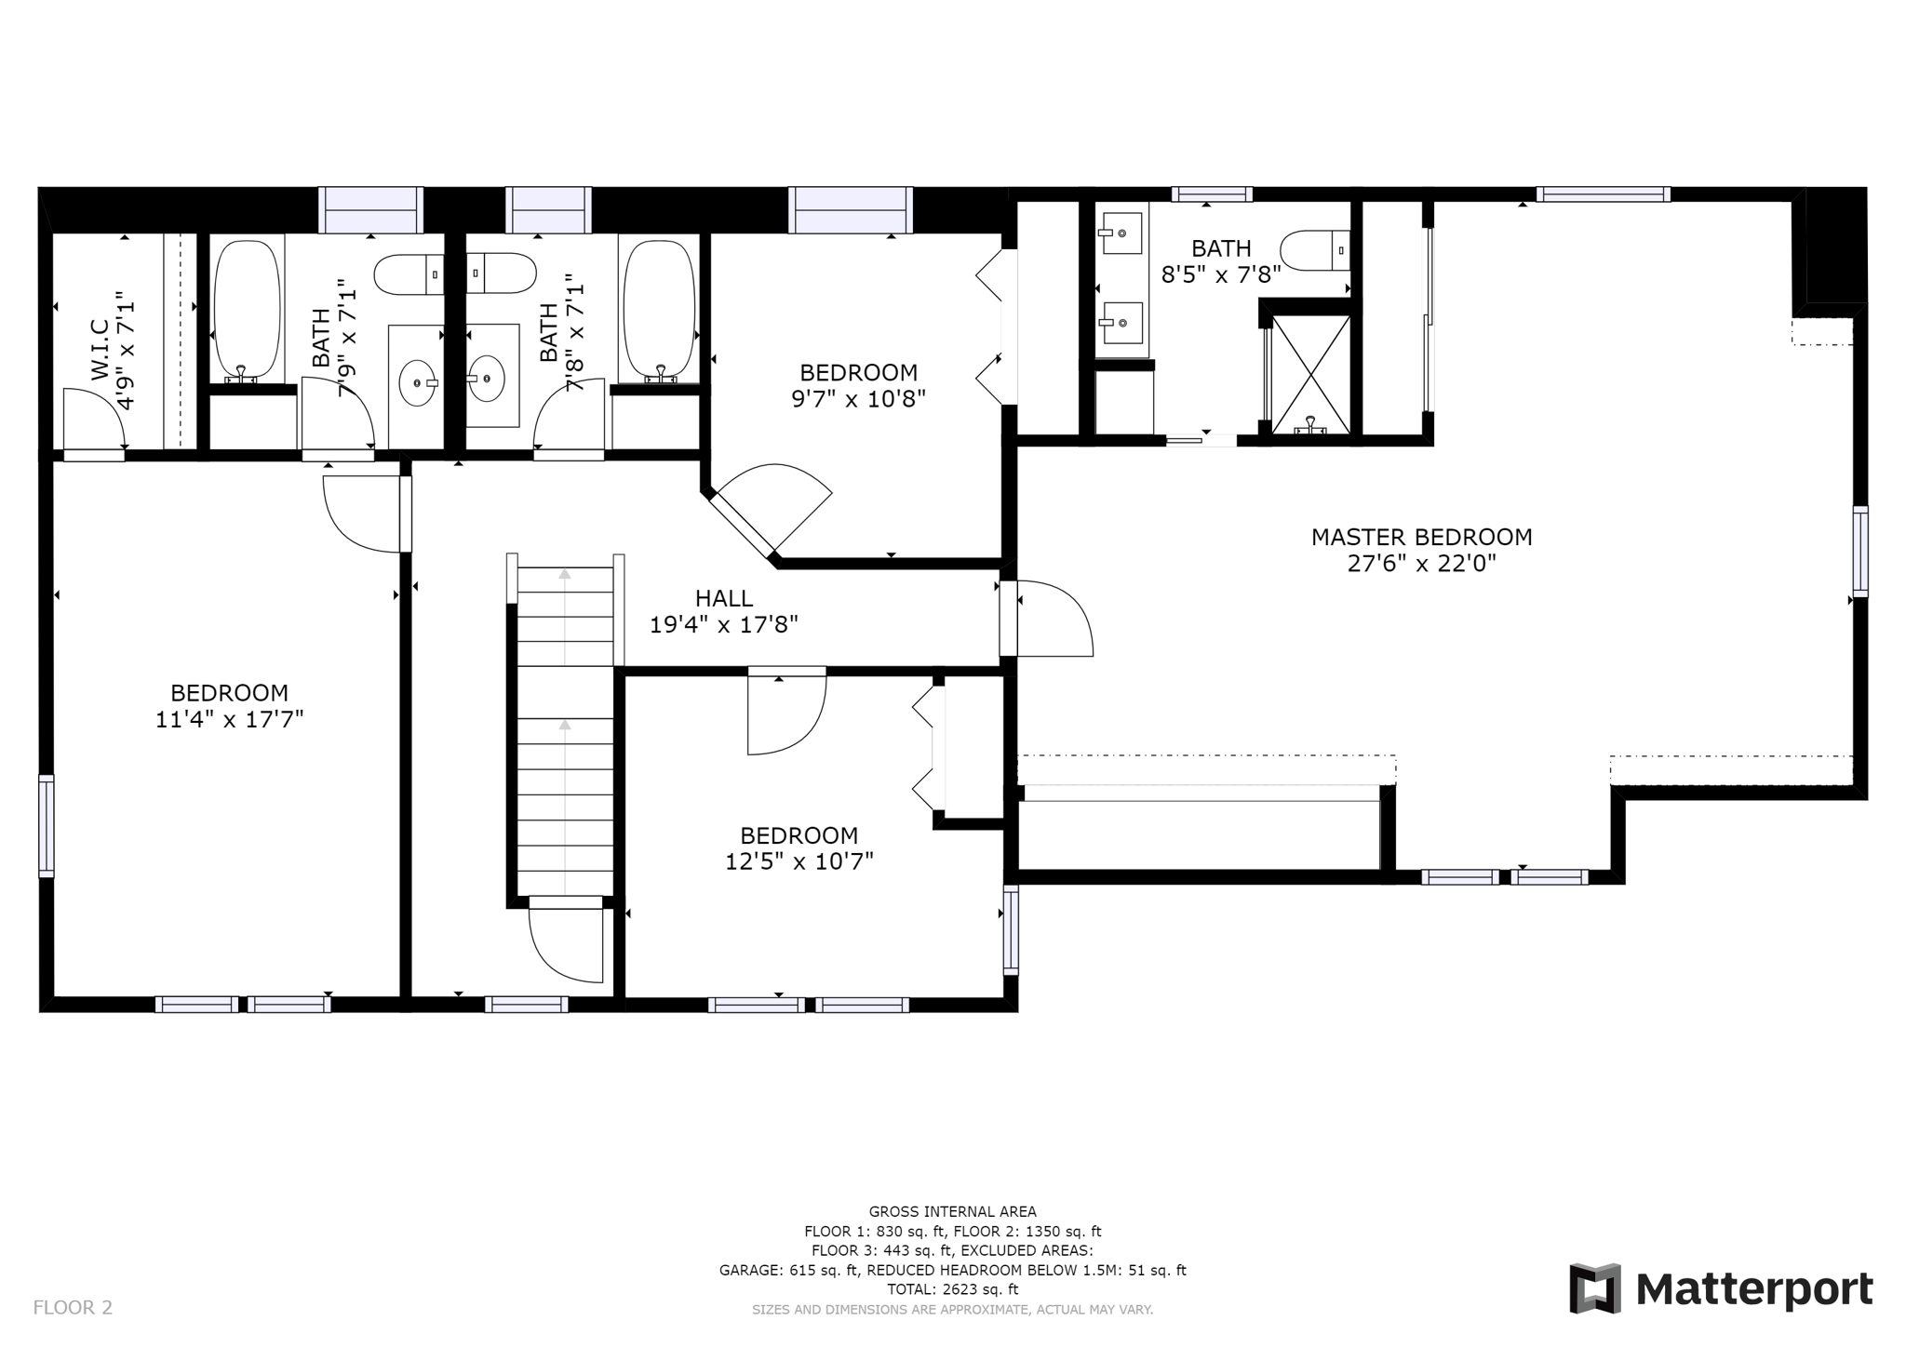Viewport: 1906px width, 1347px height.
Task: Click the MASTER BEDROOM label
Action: coord(1421,537)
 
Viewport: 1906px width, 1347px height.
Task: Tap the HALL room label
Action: coord(723,598)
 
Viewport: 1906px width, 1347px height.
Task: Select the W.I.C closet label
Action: coord(100,350)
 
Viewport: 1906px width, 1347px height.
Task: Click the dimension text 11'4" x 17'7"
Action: coord(229,719)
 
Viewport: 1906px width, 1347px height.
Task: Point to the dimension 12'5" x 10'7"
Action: coord(799,861)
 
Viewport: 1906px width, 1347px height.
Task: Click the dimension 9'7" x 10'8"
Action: coord(858,399)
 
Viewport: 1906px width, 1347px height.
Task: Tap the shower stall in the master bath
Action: coord(1310,374)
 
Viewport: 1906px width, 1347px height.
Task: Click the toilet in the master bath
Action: coord(1315,250)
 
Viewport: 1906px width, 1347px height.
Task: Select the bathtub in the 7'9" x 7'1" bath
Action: coord(247,311)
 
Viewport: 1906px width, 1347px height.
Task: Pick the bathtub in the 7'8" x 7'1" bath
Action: coord(659,311)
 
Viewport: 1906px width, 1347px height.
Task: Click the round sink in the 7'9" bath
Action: coord(418,382)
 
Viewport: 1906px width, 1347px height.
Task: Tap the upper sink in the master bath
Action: coord(1122,233)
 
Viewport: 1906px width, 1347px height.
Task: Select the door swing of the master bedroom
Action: coord(1055,619)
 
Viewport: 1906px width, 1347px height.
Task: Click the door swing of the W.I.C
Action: coord(94,419)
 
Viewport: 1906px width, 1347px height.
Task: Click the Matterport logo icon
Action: coord(1595,1288)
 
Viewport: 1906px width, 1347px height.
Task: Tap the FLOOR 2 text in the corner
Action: coord(73,1307)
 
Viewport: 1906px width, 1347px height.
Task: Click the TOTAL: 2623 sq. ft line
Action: coord(952,1289)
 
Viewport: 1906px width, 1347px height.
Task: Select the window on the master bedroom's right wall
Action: coord(1859,552)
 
